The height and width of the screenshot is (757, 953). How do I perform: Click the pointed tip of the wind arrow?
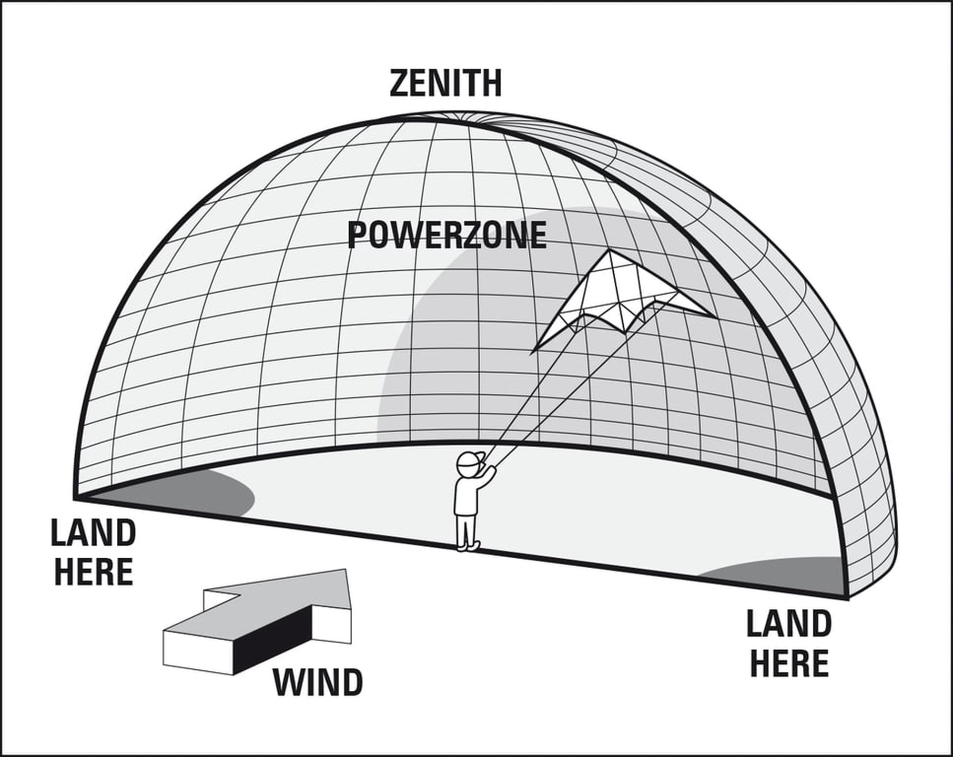[x=346, y=569]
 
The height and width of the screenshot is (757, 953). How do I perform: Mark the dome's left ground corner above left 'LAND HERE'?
[x=75, y=499]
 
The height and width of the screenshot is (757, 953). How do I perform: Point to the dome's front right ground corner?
[x=848, y=598]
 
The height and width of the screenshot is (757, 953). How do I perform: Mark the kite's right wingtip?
[x=714, y=317]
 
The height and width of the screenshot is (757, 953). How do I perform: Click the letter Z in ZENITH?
[x=399, y=83]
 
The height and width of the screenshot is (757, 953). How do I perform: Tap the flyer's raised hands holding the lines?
[x=491, y=471]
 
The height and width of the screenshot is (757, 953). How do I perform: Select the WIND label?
[x=318, y=683]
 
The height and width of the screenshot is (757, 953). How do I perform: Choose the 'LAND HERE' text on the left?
[x=93, y=552]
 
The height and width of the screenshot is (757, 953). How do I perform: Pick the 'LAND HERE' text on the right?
[x=789, y=644]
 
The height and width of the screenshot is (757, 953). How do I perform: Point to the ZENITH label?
[x=446, y=83]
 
